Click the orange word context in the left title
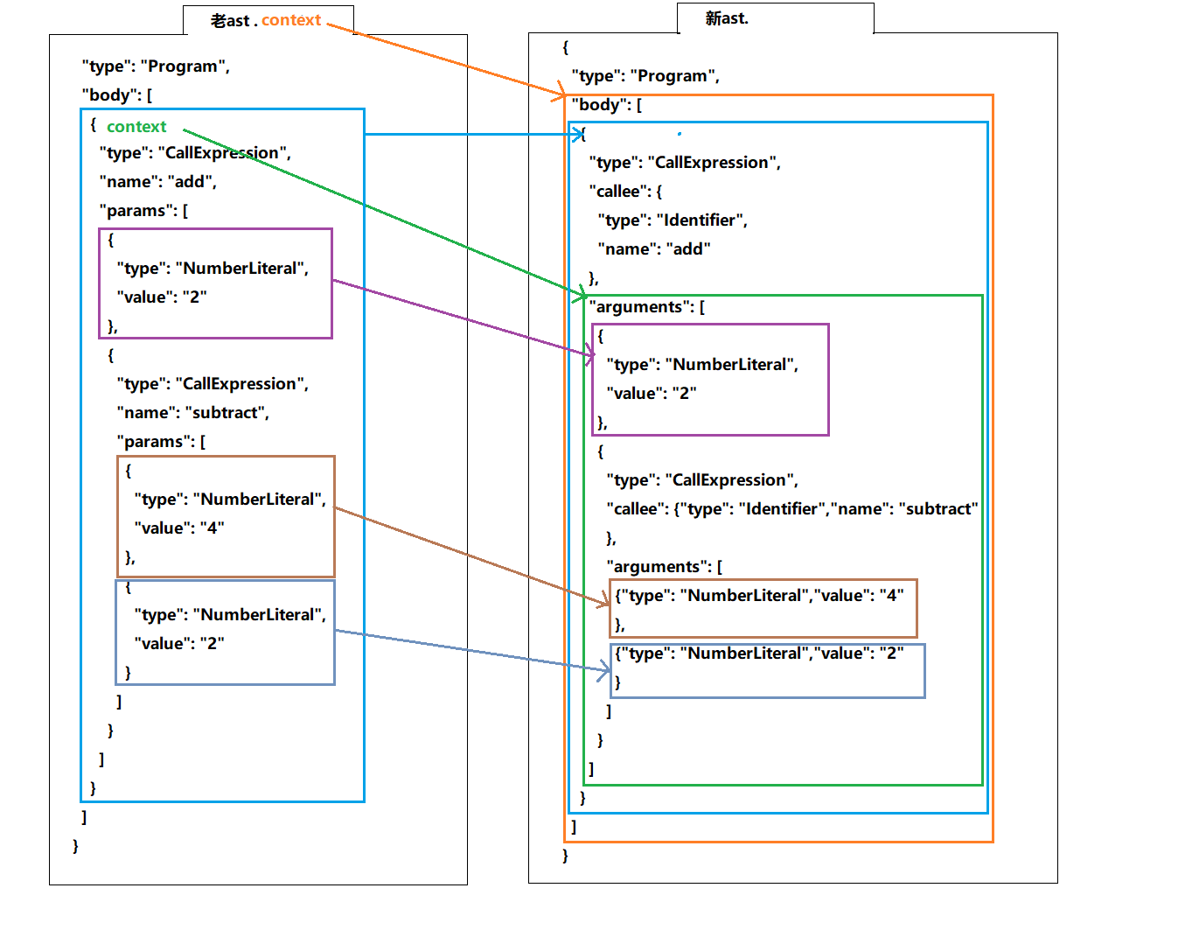tap(291, 20)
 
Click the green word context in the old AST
tap(136, 127)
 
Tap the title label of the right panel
tap(727, 18)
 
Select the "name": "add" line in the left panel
tap(157, 182)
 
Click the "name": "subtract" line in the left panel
tap(192, 413)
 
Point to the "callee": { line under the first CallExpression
tap(625, 192)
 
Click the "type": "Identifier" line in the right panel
tap(672, 220)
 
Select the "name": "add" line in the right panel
tap(653, 249)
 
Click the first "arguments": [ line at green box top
tap(646, 307)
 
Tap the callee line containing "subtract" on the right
tap(791, 509)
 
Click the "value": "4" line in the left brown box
tap(178, 528)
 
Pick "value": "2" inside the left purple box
tap(161, 297)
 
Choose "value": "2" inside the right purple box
tap(651, 394)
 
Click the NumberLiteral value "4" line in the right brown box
tap(759, 596)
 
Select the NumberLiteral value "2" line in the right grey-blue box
tap(759, 654)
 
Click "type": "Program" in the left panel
tap(156, 66)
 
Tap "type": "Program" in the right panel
tap(645, 76)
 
